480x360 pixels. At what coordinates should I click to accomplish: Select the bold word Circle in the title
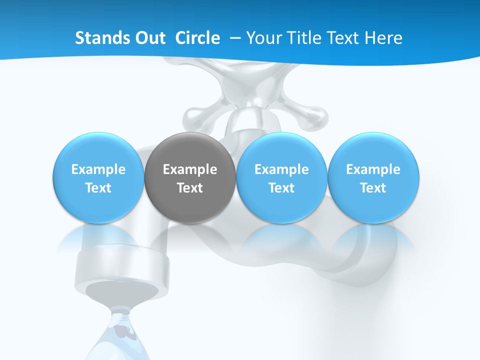[197, 38]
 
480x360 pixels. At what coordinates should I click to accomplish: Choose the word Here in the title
[384, 38]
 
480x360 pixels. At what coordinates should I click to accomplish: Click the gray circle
[190, 178]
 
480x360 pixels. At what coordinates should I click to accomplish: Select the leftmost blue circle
[98, 178]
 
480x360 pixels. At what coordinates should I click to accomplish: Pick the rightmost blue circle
[373, 178]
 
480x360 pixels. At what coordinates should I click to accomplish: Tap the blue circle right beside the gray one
[281, 178]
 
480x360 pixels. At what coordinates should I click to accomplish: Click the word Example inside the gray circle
[190, 169]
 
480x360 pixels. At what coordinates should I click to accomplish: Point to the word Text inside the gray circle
[190, 188]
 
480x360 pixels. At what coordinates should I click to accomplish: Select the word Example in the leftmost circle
[98, 169]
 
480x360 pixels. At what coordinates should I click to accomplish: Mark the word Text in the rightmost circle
[373, 188]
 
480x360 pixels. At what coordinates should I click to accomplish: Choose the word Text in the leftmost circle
[98, 188]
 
